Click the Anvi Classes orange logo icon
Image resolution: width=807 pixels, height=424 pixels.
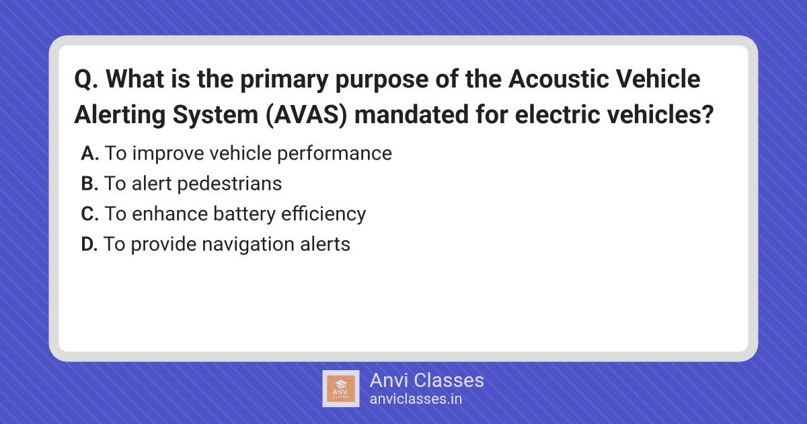(341, 389)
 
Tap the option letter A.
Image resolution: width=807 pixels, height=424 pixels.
(89, 153)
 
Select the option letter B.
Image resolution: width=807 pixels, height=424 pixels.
(89, 184)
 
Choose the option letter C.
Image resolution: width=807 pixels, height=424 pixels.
(89, 214)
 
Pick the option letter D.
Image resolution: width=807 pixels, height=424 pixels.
(89, 244)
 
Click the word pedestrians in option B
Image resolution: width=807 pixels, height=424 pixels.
(230, 184)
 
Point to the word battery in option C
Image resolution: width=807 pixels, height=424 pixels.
(245, 214)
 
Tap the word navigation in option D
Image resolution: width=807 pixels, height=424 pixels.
(248, 245)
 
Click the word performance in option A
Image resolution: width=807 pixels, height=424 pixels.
(334, 154)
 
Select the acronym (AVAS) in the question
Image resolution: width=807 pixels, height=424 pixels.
(306, 114)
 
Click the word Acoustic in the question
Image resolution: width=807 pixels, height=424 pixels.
(559, 79)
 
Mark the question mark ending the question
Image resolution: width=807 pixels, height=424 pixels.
(708, 114)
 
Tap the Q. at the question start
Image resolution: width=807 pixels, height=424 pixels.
(86, 79)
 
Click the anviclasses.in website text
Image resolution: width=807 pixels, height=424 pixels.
(416, 399)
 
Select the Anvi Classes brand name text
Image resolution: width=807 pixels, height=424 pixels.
(426, 380)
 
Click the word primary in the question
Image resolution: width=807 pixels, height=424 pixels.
(284, 79)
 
